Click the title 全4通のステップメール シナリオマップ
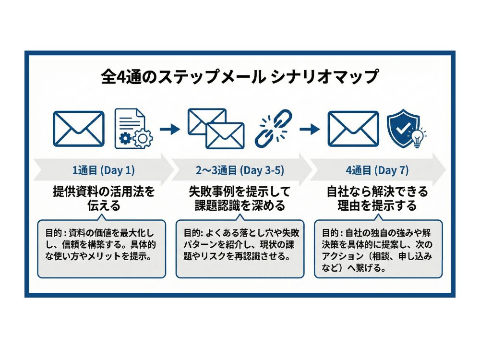pyautogui.click(x=240, y=77)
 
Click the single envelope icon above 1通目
pyautogui.click(x=78, y=129)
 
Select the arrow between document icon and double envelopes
pyautogui.click(x=168, y=129)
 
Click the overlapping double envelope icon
pyautogui.click(x=216, y=128)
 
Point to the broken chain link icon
pyautogui.click(x=273, y=128)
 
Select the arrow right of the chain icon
pyautogui.click(x=309, y=129)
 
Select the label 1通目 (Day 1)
pyautogui.click(x=103, y=170)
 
